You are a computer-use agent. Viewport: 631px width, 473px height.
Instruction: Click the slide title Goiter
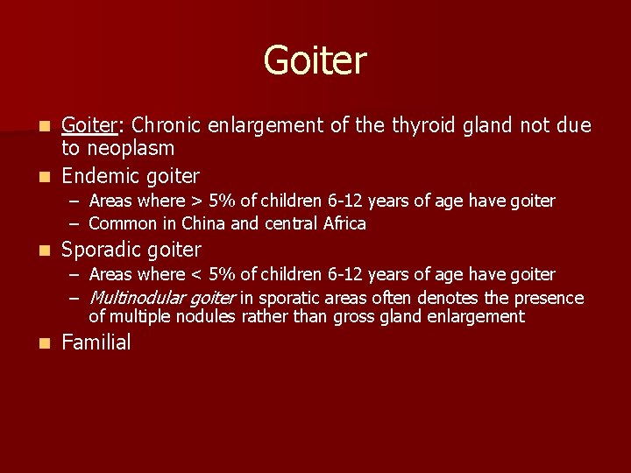[315, 61]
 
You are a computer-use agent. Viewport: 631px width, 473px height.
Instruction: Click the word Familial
[96, 342]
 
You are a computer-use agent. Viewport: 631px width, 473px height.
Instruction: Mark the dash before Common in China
[76, 223]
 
